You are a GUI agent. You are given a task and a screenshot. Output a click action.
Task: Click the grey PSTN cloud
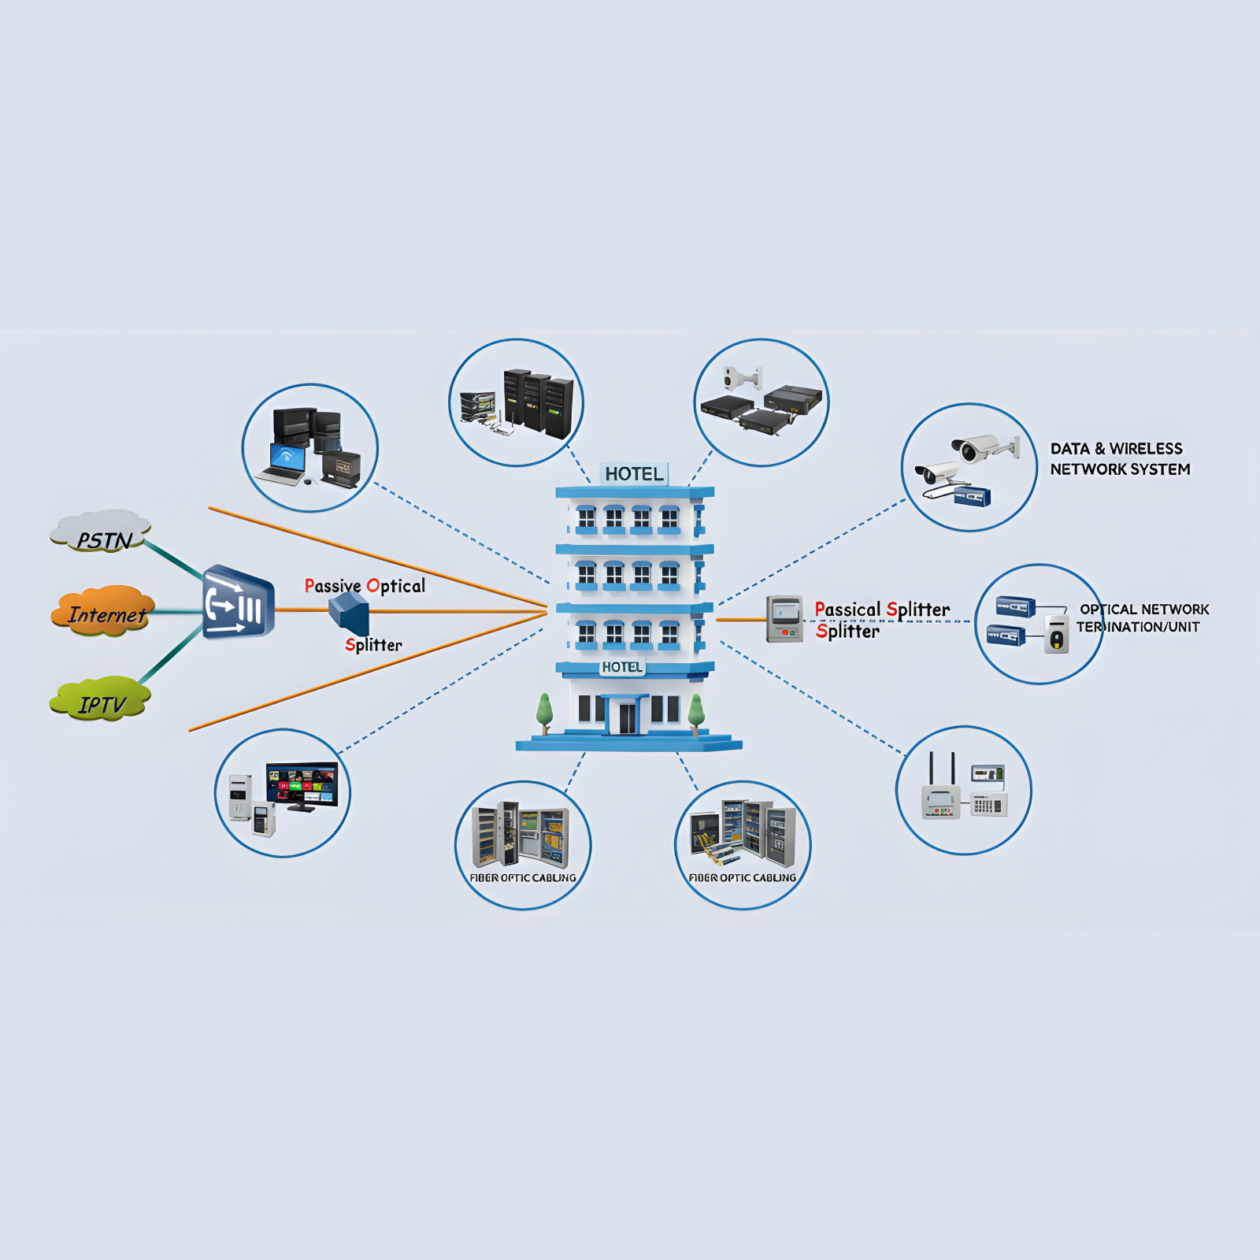coord(101,532)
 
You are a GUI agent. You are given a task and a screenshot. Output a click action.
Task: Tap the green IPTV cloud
coord(101,699)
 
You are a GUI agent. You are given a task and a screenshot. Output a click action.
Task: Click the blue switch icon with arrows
coord(238,602)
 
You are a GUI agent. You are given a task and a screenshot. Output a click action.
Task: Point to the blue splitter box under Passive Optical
coord(349,613)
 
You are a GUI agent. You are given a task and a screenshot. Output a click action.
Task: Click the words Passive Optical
coord(365,586)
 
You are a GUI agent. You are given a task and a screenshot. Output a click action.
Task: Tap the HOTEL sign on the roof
coord(634,474)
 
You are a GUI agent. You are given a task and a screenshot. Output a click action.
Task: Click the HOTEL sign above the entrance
coord(622,667)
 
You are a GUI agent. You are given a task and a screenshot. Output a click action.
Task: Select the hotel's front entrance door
coord(627,717)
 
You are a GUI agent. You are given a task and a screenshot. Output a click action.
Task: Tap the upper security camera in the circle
coord(980,448)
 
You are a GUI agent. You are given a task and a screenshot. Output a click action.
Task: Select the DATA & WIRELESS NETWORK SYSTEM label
coord(1119,459)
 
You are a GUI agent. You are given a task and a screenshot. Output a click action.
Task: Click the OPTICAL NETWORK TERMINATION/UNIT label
coord(1142,618)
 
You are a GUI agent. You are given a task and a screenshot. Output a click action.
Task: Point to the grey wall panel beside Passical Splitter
coord(784,619)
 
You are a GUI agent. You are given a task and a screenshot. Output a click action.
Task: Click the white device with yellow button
coord(1057,635)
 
